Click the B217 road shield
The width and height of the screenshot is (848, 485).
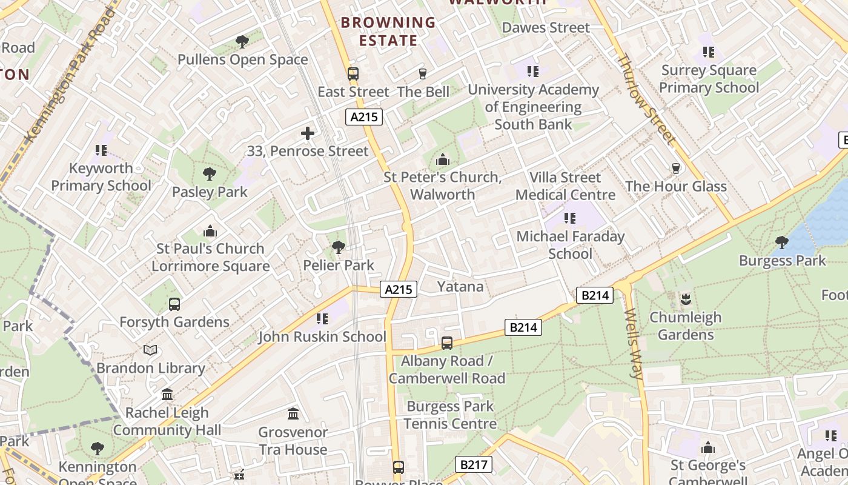pos(473,465)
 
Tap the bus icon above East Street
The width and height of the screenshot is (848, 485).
pos(353,74)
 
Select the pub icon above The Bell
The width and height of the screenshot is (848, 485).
pos(423,74)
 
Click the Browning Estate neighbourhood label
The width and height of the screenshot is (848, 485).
pos(388,32)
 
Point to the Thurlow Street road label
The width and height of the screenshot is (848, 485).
pos(646,99)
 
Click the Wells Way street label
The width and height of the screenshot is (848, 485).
pos(633,344)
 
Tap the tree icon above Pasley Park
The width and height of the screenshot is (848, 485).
pos(210,175)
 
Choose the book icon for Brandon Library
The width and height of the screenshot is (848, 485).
pos(150,350)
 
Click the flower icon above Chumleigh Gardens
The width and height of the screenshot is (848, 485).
pos(686,299)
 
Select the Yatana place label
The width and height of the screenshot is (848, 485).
pos(460,286)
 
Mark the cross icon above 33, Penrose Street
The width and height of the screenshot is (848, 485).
pos(308,133)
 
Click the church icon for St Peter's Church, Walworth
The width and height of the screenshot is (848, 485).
pos(443,160)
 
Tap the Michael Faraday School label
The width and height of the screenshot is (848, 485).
pos(570,245)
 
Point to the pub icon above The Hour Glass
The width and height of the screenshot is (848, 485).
pos(675,169)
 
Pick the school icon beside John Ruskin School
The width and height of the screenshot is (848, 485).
pos(322,319)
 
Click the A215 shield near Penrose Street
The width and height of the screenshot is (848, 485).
pos(364,116)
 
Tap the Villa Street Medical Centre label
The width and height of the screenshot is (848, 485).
pos(565,186)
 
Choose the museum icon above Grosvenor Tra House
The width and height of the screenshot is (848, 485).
pos(294,414)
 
